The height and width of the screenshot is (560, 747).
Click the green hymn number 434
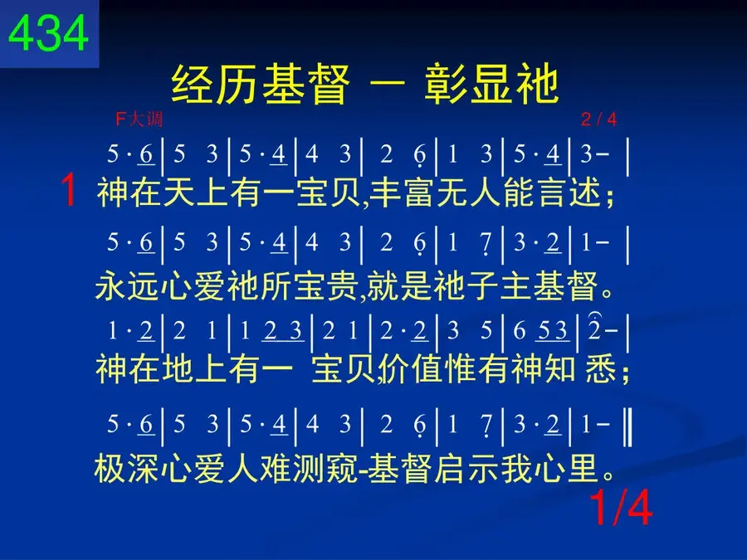click(49, 32)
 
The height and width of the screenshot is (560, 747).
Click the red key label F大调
click(139, 119)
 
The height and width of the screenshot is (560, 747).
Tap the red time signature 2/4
click(598, 119)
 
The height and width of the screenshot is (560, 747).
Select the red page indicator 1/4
click(621, 508)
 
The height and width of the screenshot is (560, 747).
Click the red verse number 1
click(69, 190)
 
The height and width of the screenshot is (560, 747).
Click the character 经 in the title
click(193, 85)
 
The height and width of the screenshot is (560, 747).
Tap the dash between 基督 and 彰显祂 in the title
click(387, 85)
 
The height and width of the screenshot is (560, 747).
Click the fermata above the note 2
click(595, 316)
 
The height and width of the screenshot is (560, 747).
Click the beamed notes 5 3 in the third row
click(552, 331)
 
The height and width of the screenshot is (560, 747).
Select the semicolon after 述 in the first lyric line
click(609, 196)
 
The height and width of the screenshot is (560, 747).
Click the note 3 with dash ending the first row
click(594, 153)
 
